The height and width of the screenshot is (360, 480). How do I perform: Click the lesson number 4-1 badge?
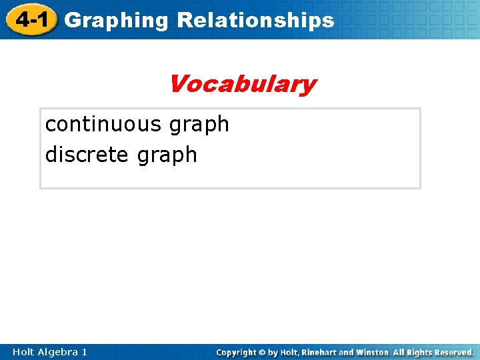[x=31, y=19]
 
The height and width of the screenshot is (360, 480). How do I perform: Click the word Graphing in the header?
[x=117, y=21]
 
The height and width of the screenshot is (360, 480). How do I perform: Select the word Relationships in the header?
[x=255, y=21]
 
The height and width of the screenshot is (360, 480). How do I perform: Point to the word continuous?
[x=103, y=124]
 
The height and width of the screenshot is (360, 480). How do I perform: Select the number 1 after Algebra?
[x=84, y=351]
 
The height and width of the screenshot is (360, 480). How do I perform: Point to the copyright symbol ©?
[x=263, y=352]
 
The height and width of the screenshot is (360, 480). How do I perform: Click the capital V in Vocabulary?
[x=178, y=84]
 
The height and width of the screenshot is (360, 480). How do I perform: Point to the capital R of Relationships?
[x=185, y=20]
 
